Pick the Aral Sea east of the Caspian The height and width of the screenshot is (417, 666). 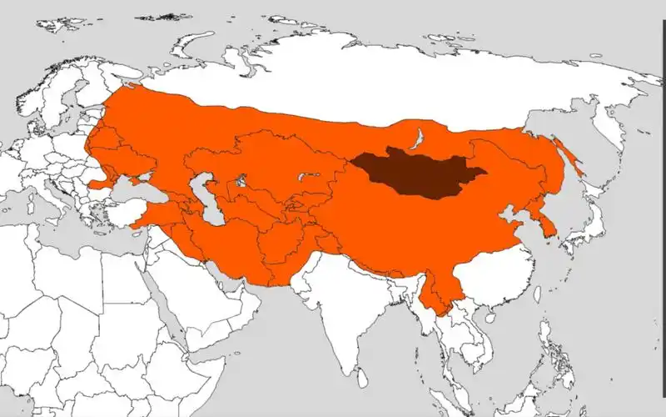point(241,180)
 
